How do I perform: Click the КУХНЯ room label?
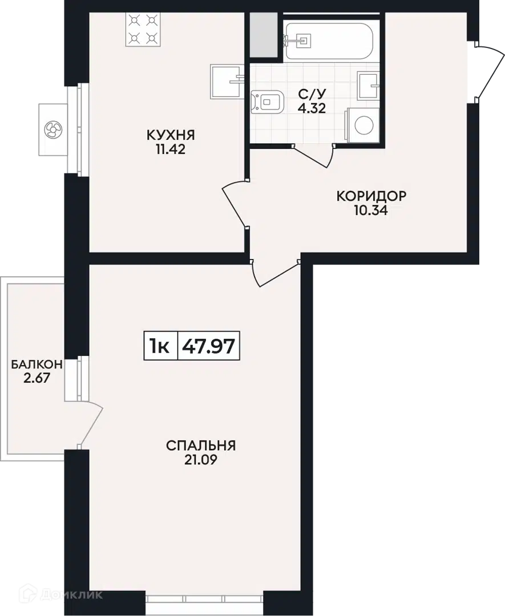[x=171, y=135]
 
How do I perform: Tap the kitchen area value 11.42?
[x=170, y=149]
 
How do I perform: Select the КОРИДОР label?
[x=371, y=196]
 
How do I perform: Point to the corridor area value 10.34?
[x=370, y=210]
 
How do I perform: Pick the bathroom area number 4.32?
[x=312, y=108]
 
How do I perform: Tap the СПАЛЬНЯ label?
[x=201, y=445]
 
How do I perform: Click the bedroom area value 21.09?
[x=200, y=460]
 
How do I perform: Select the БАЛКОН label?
[x=37, y=364]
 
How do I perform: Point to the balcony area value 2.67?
[x=37, y=378]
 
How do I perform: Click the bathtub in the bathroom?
[x=329, y=40]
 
